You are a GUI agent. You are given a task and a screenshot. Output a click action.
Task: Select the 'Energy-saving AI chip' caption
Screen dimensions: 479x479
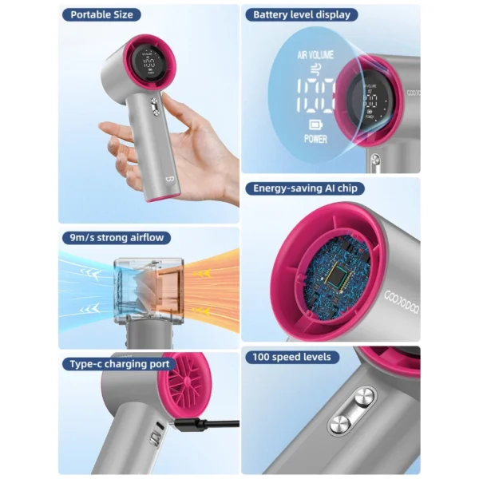click(x=307, y=188)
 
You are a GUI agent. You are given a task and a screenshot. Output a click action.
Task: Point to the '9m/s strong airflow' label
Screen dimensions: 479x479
click(x=116, y=237)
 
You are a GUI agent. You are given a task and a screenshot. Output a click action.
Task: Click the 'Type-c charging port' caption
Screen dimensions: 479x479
click(x=119, y=364)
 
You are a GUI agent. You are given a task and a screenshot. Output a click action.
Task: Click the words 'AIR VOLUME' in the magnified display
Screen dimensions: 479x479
click(x=315, y=56)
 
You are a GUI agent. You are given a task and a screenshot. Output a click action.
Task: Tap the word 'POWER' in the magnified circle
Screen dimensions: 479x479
click(x=315, y=138)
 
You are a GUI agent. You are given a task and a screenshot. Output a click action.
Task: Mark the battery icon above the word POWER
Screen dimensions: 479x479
click(x=315, y=124)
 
